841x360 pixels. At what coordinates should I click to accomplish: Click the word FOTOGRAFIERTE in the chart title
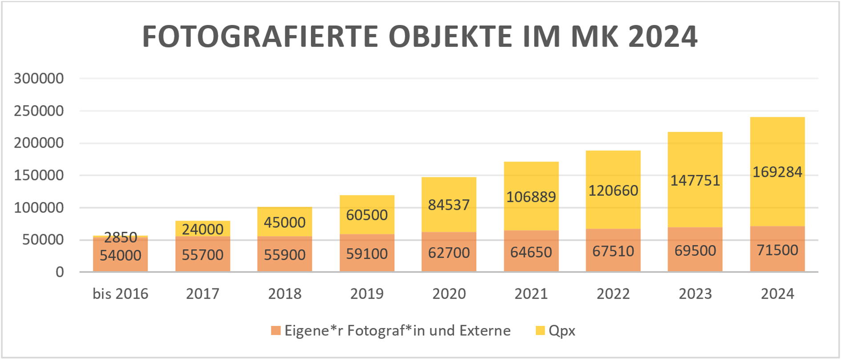pyautogui.click(x=260, y=36)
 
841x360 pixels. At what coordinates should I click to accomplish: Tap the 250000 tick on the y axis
pyautogui.click(x=39, y=111)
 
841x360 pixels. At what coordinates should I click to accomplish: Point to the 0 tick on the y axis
pyautogui.click(x=60, y=272)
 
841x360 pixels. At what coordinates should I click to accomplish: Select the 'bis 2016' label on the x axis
pyautogui.click(x=120, y=294)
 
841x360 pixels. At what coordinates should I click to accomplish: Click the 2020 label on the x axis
pyautogui.click(x=449, y=294)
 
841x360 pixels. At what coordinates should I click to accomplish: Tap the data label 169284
pyautogui.click(x=777, y=172)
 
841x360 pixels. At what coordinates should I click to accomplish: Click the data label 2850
pyautogui.click(x=120, y=238)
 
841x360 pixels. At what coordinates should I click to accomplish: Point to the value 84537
pyautogui.click(x=449, y=205)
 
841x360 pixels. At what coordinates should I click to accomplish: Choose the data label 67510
pyautogui.click(x=613, y=251)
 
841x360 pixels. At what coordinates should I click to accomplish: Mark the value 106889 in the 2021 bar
pyautogui.click(x=531, y=197)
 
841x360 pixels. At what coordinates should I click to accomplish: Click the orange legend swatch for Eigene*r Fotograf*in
pyautogui.click(x=276, y=331)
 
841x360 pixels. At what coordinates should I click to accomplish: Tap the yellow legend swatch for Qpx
pyautogui.click(x=540, y=331)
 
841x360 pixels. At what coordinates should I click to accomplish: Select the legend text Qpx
pyautogui.click(x=562, y=331)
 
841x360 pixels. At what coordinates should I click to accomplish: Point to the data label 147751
pyautogui.click(x=695, y=180)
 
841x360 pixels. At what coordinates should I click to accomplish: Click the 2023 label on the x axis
pyautogui.click(x=695, y=294)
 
